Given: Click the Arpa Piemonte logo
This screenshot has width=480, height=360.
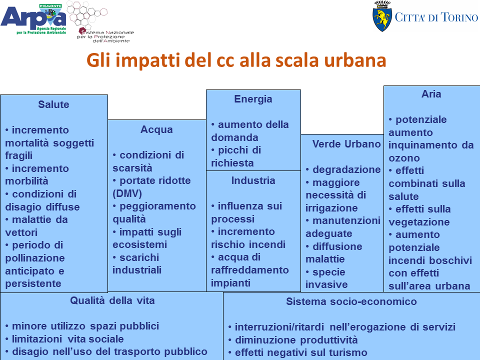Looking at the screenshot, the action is pos(33,19).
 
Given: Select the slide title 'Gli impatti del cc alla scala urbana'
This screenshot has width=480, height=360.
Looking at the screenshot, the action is pos(236,59).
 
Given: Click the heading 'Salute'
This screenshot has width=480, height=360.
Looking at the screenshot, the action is pos(53,104).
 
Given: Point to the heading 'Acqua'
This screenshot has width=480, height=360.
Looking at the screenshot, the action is pos(156,129).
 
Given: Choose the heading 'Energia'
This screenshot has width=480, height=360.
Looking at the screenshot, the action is pos(253,99).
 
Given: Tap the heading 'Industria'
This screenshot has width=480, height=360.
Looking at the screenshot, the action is pos(253,180).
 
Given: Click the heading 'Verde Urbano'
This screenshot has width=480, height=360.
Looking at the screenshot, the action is pos(346,144).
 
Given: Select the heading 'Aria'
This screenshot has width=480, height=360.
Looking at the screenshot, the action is pos(431,94).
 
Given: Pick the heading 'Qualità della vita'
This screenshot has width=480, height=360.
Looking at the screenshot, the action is pos(112,300).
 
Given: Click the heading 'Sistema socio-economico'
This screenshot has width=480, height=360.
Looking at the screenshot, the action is pos(351,301).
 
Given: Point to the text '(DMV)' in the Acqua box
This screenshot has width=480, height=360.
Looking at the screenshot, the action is pos(127,193).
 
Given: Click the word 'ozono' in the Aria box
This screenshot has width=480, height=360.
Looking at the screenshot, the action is pos(404,158).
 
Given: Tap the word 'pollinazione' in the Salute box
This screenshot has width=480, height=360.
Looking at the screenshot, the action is pos(35,258).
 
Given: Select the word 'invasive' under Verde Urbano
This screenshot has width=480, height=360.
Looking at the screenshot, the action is pos(326,284).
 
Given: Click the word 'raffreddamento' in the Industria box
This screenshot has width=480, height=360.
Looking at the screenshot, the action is pos(250,270).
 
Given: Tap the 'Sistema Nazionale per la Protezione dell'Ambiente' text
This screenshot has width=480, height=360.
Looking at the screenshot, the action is pos(105,36).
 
